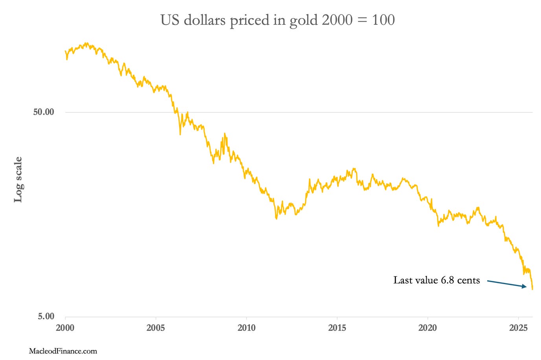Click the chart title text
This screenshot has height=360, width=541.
(277, 20)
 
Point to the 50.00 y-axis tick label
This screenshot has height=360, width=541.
(43, 112)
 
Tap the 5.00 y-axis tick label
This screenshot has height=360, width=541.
(46, 316)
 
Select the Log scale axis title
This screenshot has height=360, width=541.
(18, 180)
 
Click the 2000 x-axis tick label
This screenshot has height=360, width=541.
(65, 328)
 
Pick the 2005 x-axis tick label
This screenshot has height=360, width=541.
(156, 328)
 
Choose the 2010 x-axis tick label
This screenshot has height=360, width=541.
(246, 328)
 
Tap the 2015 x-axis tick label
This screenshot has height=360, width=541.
(337, 328)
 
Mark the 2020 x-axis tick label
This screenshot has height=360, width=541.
(427, 328)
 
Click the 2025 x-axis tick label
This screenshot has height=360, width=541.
(518, 328)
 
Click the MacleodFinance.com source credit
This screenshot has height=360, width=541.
(63, 351)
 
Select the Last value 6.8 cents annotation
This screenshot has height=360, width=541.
(436, 280)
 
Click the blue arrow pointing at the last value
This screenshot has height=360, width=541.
(507, 283)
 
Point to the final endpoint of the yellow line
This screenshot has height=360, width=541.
(532, 289)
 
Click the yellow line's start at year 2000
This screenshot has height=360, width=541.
(65, 51)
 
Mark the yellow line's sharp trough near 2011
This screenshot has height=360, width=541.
(276, 219)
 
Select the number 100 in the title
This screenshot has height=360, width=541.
(383, 20)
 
